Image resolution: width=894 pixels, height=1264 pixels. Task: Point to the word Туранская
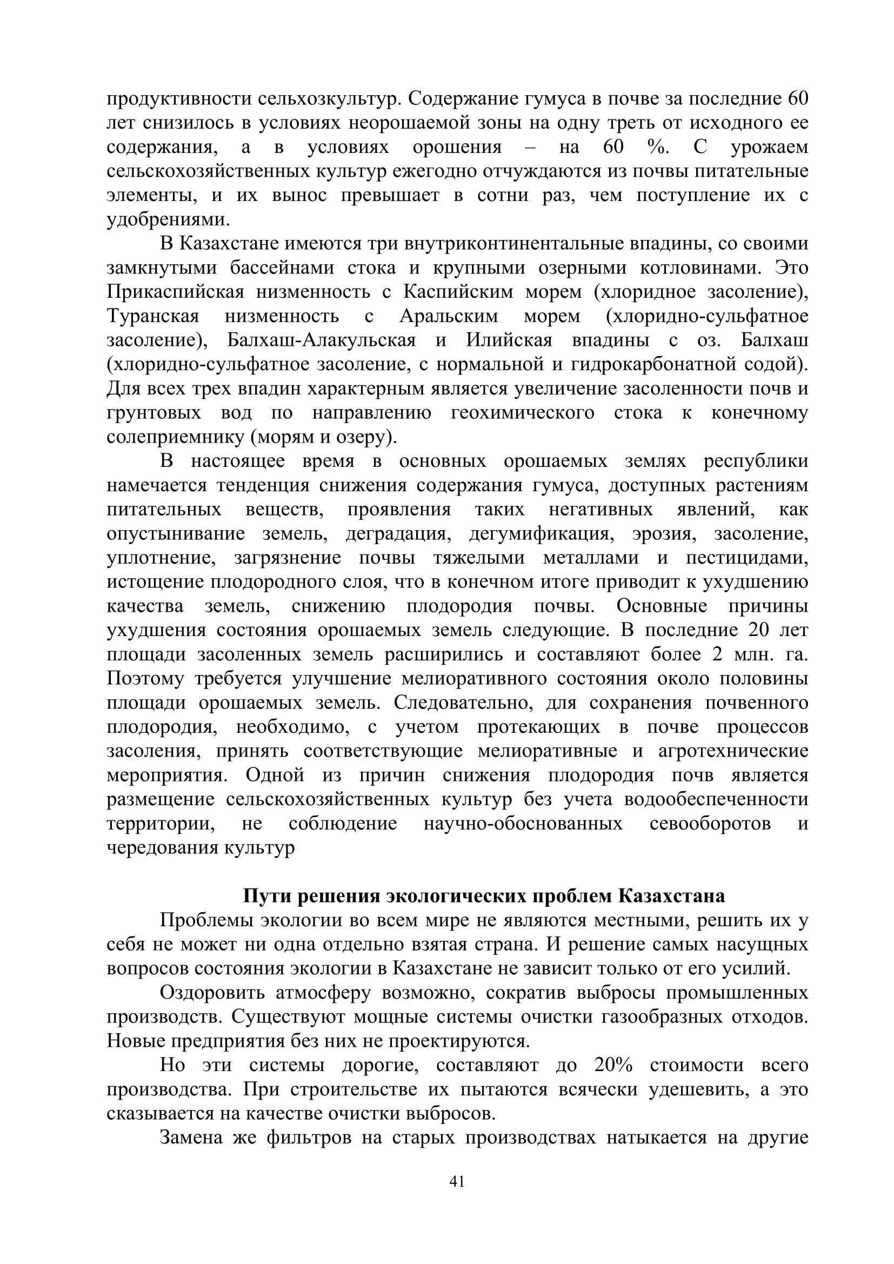point(153,317)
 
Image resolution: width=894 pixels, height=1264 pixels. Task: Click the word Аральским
point(449,317)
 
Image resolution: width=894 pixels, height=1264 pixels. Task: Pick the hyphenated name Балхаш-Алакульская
point(322,340)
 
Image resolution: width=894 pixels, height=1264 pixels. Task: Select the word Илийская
point(509,340)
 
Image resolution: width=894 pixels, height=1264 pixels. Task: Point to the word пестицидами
point(747,558)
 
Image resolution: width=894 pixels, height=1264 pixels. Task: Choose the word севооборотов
point(710,824)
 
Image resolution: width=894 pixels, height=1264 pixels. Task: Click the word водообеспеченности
point(716,800)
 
